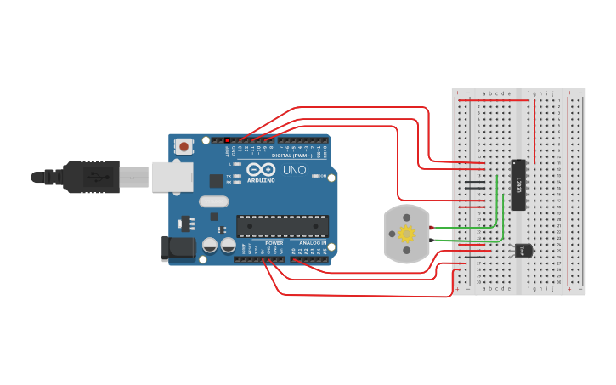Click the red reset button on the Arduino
tap(184, 147)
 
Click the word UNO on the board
tap(294, 170)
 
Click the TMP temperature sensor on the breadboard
tap(522, 251)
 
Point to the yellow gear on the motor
tap(407, 234)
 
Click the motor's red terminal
tap(432, 228)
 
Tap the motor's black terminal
tap(432, 241)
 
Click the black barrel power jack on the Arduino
tap(178, 246)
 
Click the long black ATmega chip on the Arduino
tap(281, 224)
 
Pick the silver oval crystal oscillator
tap(213, 202)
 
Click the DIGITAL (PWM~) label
tap(291, 156)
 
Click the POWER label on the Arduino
tap(274, 242)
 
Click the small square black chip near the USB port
tap(216, 180)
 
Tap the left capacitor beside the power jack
tap(210, 246)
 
